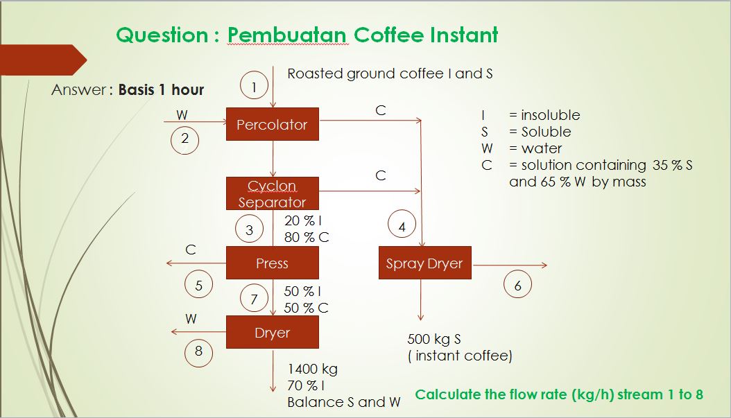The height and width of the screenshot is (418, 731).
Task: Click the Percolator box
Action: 273,124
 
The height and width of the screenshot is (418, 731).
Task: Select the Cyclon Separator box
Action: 273,193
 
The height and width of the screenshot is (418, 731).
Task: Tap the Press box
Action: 273,263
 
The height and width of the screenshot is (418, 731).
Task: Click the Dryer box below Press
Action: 273,332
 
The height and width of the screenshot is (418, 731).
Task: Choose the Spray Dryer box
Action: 424,263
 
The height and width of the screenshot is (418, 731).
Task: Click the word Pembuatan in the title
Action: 287,35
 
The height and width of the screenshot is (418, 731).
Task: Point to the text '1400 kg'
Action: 312,369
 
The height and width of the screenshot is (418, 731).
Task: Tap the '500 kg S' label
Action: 434,339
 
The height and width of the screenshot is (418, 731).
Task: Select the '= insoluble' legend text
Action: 544,114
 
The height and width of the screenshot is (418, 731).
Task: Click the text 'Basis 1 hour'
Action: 161,89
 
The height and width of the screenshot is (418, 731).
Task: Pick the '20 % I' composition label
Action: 303,220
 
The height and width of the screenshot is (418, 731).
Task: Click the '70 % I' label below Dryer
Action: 306,385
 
